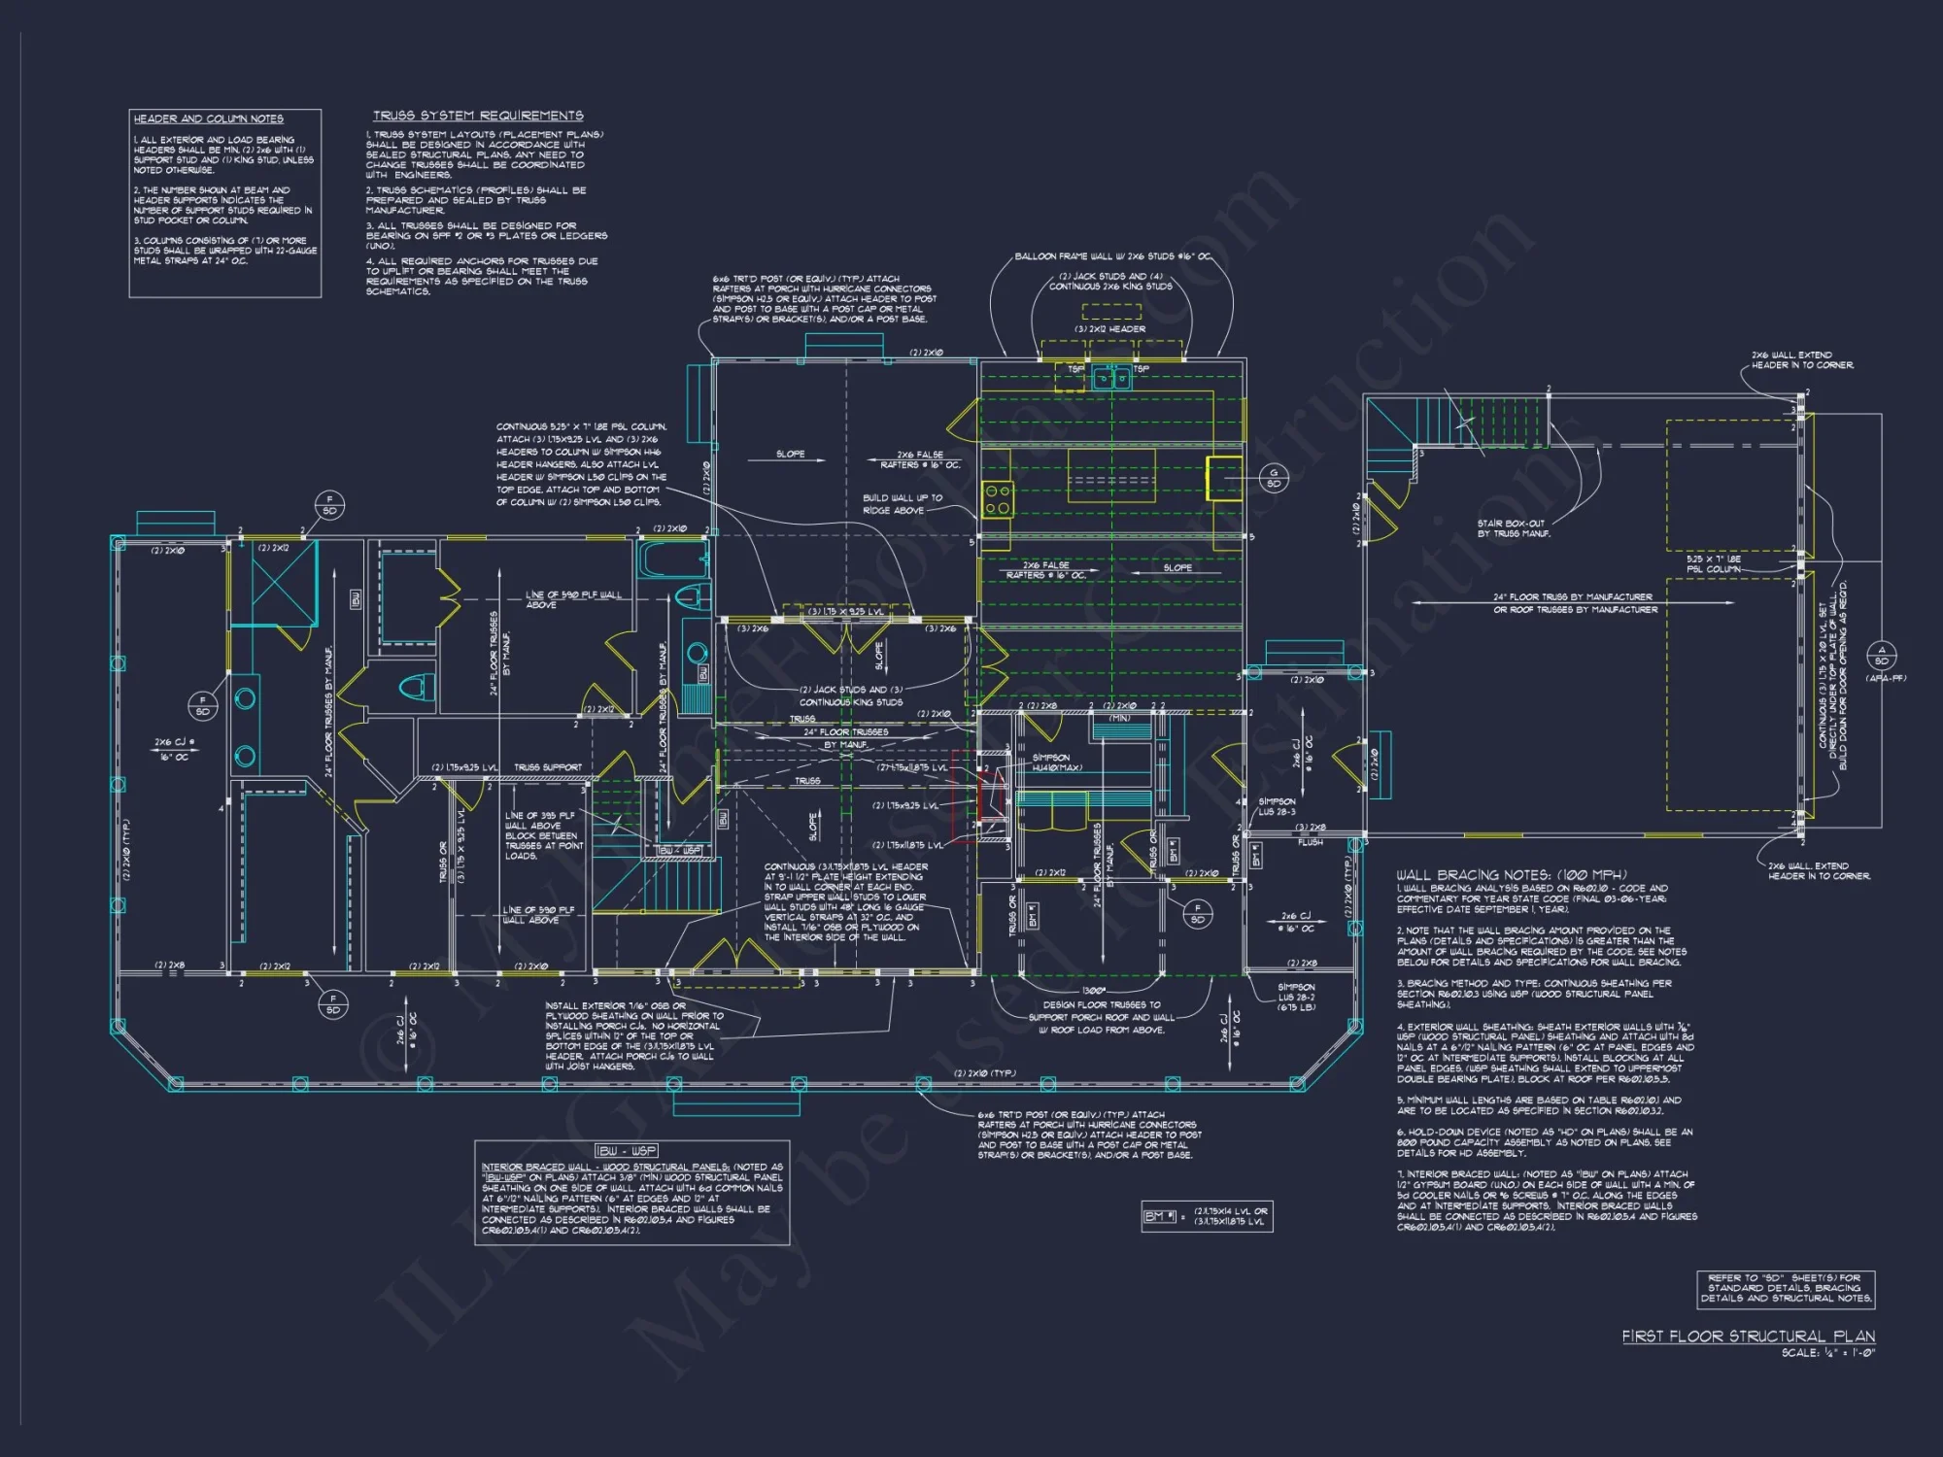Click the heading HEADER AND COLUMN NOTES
pyautogui.click(x=208, y=119)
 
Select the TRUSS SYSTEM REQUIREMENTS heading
pyautogui.click(x=478, y=116)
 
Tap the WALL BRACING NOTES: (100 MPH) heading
pyautogui.click(x=1511, y=874)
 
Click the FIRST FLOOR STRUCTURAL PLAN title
pyautogui.click(x=1748, y=1336)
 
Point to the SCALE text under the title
pyautogui.click(x=1827, y=1352)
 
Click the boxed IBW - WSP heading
pyautogui.click(x=627, y=1150)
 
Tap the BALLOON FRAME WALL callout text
pyautogui.click(x=1112, y=256)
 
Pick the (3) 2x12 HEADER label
pyautogui.click(x=1109, y=329)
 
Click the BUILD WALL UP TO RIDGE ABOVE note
pyautogui.click(x=903, y=503)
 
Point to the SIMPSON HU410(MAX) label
pyautogui.click(x=1056, y=762)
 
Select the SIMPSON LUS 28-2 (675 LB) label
pyautogui.click(x=1296, y=997)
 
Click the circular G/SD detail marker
pyautogui.click(x=1274, y=478)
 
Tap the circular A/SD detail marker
pyautogui.click(x=1881, y=656)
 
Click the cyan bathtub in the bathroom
pyautogui.click(x=671, y=559)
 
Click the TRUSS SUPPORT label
pyautogui.click(x=548, y=767)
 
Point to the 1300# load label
pyautogui.click(x=1093, y=990)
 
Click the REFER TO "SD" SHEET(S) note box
pyautogui.click(x=1785, y=1288)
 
